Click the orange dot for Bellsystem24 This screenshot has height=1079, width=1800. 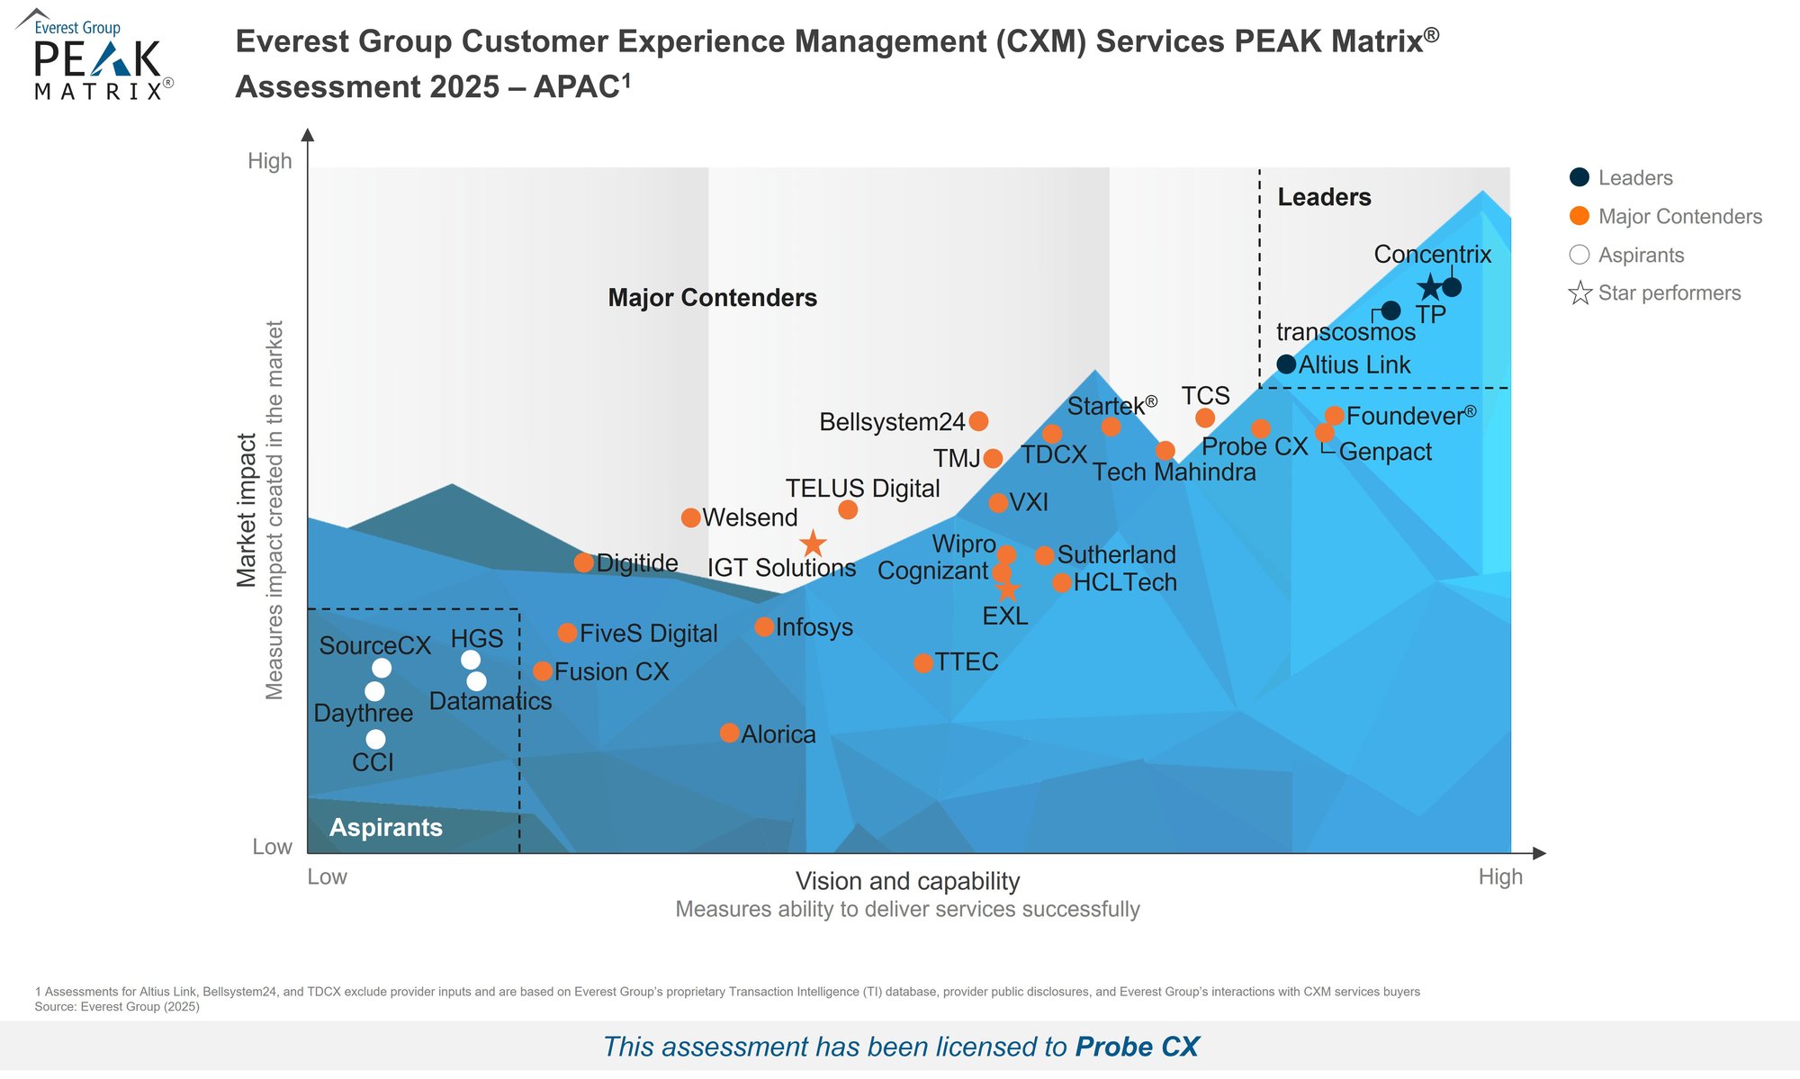click(979, 420)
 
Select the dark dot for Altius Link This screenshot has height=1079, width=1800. click(1286, 364)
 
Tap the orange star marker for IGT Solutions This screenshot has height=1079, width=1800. click(813, 544)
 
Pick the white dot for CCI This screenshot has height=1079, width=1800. click(376, 739)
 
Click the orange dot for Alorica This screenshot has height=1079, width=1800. click(730, 733)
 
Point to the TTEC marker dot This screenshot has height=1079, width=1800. click(923, 663)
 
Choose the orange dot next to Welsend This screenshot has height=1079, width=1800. click(691, 517)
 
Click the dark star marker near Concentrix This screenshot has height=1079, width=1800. click(1429, 288)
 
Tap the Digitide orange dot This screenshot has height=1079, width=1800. click(584, 562)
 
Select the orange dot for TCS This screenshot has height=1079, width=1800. click(1205, 418)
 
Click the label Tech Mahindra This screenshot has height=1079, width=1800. click(1174, 472)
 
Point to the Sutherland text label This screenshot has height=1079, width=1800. click(1116, 554)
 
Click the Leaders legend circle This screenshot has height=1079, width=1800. click(1579, 177)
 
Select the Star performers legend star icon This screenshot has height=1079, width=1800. click(1579, 293)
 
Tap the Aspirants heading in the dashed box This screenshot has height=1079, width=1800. click(386, 827)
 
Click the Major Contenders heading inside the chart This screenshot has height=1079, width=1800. click(712, 298)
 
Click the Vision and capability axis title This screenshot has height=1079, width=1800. click(907, 881)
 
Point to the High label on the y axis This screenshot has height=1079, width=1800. click(270, 161)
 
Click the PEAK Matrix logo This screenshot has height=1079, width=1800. click(95, 56)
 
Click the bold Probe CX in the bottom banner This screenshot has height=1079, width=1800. click(1137, 1047)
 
